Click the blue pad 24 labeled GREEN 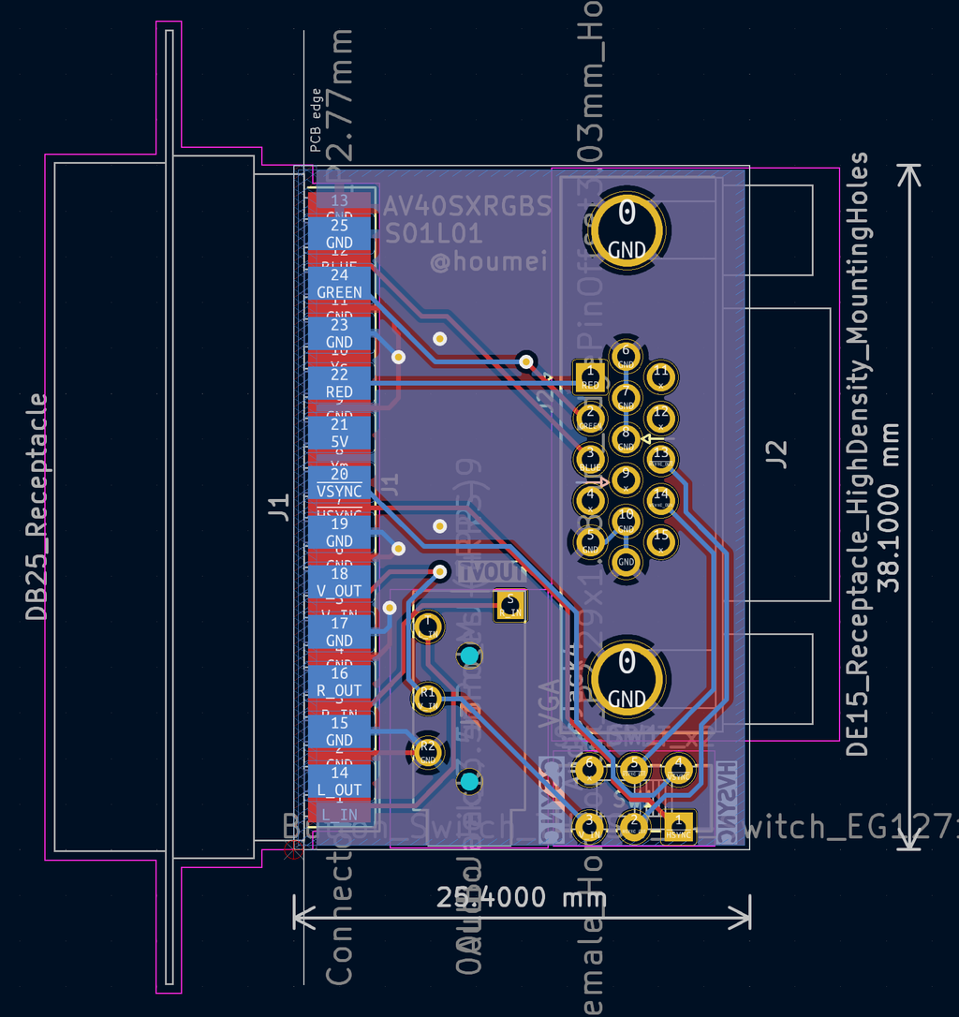pyautogui.click(x=339, y=283)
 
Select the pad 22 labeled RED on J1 pyautogui.click(x=339, y=382)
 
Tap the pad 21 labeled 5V pyautogui.click(x=339, y=432)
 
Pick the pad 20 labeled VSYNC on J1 pyautogui.click(x=339, y=482)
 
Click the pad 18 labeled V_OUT pyautogui.click(x=339, y=582)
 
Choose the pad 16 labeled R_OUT pyautogui.click(x=339, y=681)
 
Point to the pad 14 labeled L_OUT pyautogui.click(x=339, y=780)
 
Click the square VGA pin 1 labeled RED pyautogui.click(x=590, y=377)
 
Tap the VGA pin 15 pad pyautogui.click(x=662, y=539)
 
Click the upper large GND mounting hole pyautogui.click(x=627, y=228)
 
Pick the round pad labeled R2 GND pyautogui.click(x=428, y=750)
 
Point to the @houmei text pyautogui.click(x=488, y=261)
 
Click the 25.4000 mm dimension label pyautogui.click(x=522, y=898)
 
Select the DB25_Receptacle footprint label pyautogui.click(x=37, y=507)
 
